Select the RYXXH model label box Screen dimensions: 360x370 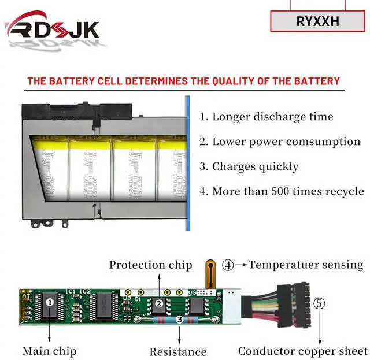coord(317,21)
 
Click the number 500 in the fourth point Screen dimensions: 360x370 coord(275,191)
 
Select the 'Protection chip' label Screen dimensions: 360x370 coord(150,265)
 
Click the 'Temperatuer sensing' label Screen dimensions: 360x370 coord(306,265)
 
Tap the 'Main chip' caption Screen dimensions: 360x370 coord(49,351)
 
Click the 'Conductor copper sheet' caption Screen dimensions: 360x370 coord(302,351)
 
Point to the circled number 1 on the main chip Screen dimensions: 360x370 coord(50,302)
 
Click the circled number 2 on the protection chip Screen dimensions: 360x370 coord(159,303)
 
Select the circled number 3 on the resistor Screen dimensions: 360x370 coord(179,319)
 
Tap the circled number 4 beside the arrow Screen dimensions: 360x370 coord(228,265)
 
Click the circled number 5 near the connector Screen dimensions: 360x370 coord(319,303)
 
